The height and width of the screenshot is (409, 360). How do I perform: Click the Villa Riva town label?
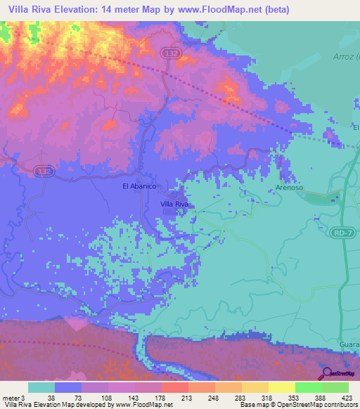[x=175, y=204]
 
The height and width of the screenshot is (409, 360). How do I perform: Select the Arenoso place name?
[x=288, y=188]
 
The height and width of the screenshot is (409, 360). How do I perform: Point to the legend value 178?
[x=161, y=398]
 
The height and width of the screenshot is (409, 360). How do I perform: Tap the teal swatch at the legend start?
[x=41, y=387]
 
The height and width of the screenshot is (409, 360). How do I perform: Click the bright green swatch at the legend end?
[x=335, y=387]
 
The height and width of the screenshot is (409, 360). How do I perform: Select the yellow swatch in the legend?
[x=282, y=387]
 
